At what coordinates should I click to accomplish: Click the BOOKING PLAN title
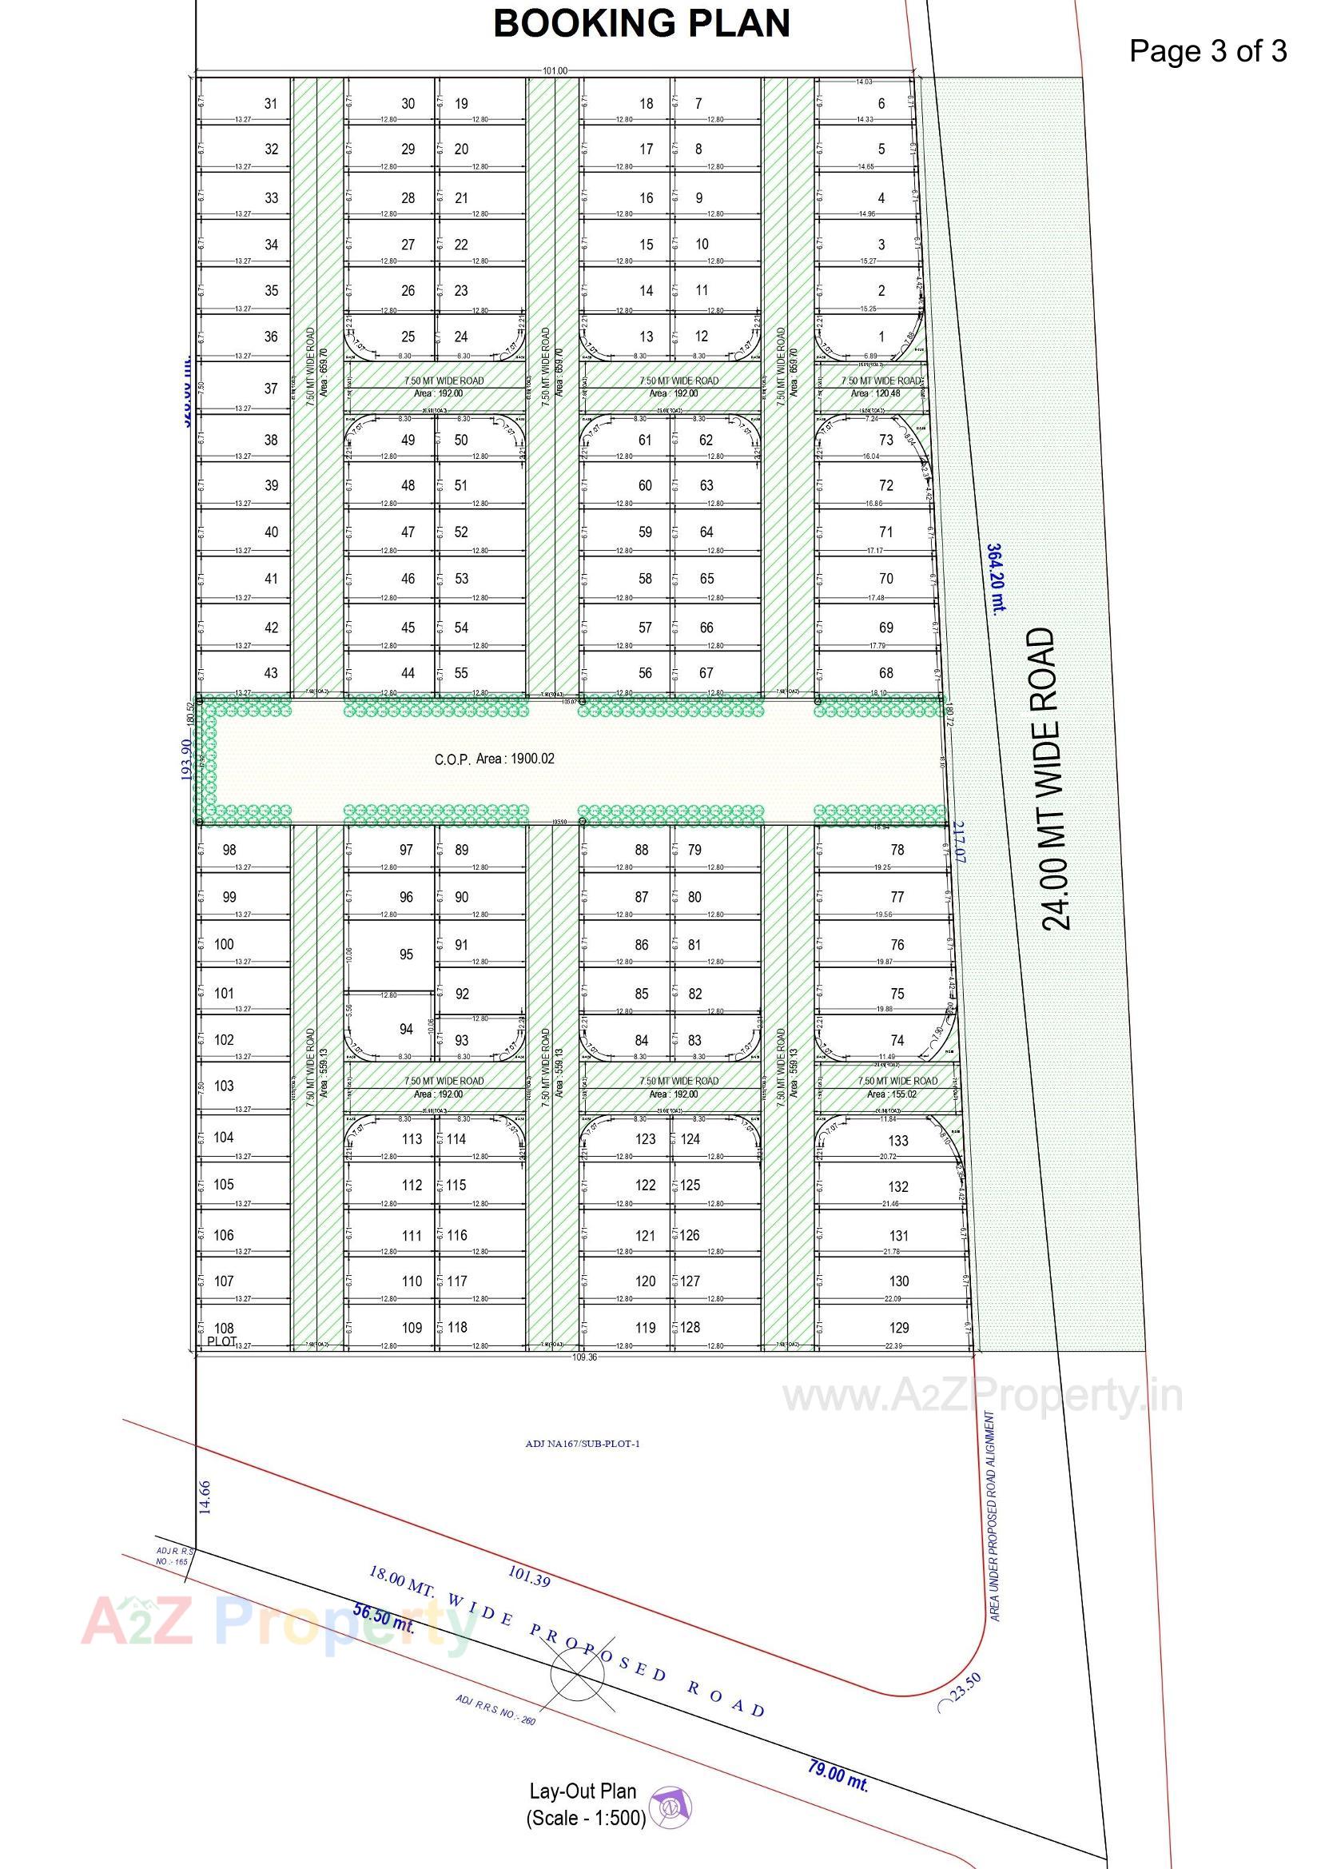tap(642, 24)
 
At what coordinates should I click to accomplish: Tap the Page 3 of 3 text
tap(1207, 51)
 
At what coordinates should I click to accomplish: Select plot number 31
tap(271, 103)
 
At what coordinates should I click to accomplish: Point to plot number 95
tap(406, 954)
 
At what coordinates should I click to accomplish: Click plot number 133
tap(898, 1141)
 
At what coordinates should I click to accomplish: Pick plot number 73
tap(885, 440)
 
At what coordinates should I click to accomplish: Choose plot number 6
tap(881, 103)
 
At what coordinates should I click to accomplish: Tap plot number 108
tap(224, 1328)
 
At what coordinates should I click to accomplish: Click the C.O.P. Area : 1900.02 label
tap(494, 759)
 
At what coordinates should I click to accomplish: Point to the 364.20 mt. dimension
tap(997, 579)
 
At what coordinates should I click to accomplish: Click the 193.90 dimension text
tap(186, 759)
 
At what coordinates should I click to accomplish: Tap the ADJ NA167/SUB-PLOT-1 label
tap(583, 1444)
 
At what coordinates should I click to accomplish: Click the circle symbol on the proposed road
tap(577, 1675)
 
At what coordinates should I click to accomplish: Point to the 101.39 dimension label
tap(529, 1576)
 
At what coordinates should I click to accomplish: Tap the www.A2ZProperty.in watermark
tap(981, 1397)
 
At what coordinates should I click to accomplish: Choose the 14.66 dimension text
tap(205, 1497)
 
